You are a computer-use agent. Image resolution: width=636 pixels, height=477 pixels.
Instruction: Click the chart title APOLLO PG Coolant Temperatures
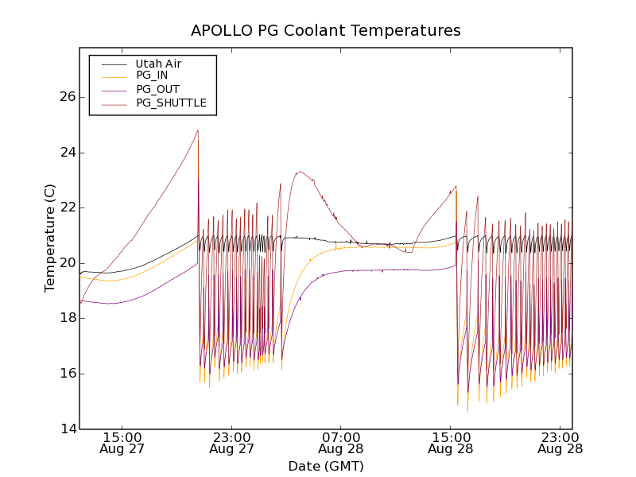[x=325, y=31]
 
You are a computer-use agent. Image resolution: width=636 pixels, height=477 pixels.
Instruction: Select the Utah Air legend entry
[x=158, y=64]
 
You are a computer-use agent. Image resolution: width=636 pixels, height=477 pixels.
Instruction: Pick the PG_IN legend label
[x=152, y=76]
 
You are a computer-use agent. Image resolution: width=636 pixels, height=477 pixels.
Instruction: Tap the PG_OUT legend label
[x=157, y=89]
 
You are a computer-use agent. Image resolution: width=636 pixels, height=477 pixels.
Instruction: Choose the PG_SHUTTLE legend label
[x=171, y=103]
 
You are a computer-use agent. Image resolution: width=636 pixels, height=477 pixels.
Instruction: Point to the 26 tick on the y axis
[x=66, y=97]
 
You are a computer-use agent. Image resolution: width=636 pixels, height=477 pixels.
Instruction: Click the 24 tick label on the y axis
[x=66, y=153]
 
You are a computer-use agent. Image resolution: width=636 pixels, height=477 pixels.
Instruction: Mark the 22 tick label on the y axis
[x=66, y=207]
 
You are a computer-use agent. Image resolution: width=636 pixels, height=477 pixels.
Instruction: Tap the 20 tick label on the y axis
[x=66, y=263]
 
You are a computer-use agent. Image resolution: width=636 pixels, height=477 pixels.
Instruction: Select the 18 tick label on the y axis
[x=66, y=318]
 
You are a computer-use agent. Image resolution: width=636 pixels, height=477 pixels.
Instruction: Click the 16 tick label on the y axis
[x=66, y=374]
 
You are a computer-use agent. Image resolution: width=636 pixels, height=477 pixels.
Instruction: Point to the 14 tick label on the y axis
[x=66, y=429]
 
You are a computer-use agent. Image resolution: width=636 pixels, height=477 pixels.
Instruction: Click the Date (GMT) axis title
[x=325, y=466]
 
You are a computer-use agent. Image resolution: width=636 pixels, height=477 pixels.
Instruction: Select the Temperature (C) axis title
[x=50, y=238]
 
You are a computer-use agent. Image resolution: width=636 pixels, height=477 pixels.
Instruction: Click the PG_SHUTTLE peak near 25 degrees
[x=198, y=131]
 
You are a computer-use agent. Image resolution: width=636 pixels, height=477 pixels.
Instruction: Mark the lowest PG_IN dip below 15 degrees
[x=467, y=411]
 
